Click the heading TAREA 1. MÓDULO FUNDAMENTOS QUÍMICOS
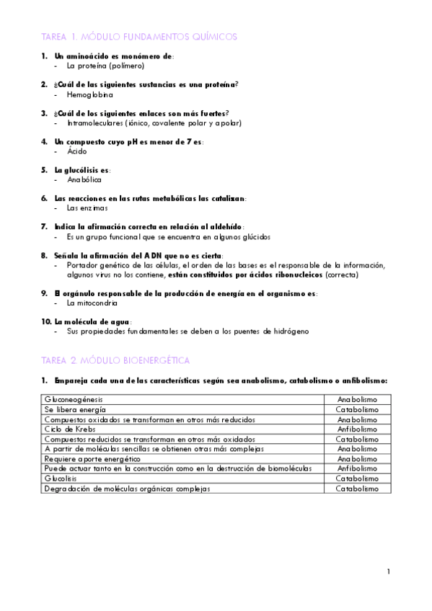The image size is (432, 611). (139, 36)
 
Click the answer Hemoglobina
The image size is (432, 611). (89, 94)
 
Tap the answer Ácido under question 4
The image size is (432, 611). (76, 151)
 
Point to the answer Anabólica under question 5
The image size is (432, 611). (84, 180)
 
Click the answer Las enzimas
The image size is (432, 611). (87, 208)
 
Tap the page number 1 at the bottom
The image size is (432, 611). (388, 572)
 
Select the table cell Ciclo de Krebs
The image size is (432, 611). (69, 429)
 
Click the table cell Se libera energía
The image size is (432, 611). (75, 409)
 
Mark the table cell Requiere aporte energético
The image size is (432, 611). (92, 458)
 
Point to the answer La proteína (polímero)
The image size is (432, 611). (105, 66)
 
